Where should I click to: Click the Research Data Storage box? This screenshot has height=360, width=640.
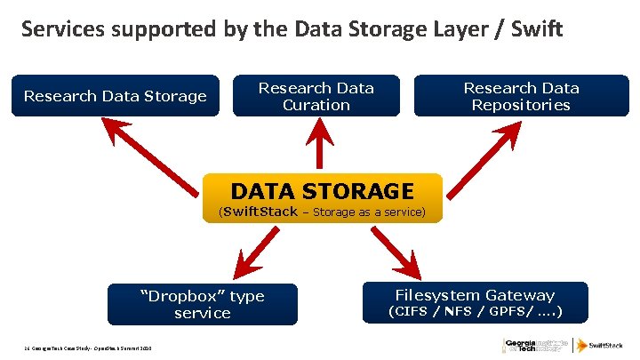coord(115,96)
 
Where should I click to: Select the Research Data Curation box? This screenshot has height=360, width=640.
coord(316,96)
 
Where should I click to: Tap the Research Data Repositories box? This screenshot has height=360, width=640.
coord(521,96)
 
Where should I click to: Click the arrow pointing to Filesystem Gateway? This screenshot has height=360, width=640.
coord(397,252)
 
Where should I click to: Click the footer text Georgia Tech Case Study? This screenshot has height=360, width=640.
coord(84,346)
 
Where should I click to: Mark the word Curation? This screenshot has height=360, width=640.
coord(316,105)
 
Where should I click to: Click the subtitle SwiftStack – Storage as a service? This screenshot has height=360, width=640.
coord(323,212)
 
